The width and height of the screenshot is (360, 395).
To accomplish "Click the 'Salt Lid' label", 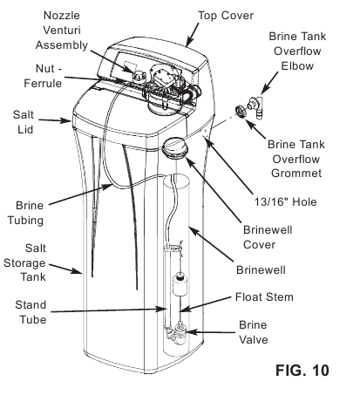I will [24, 122].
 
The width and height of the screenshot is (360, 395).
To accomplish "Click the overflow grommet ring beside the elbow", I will [238, 111].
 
